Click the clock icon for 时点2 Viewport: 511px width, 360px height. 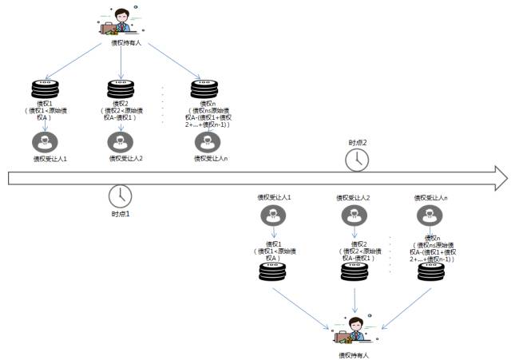[357, 160]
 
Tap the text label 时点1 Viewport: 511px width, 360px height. [120, 215]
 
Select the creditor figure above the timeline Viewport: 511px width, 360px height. [121, 22]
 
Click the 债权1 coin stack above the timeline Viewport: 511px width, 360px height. [43, 89]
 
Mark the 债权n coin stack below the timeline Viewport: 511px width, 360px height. [431, 273]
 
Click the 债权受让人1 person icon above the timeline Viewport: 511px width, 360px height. [43, 142]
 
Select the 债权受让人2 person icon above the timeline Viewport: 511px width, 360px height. [120, 142]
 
